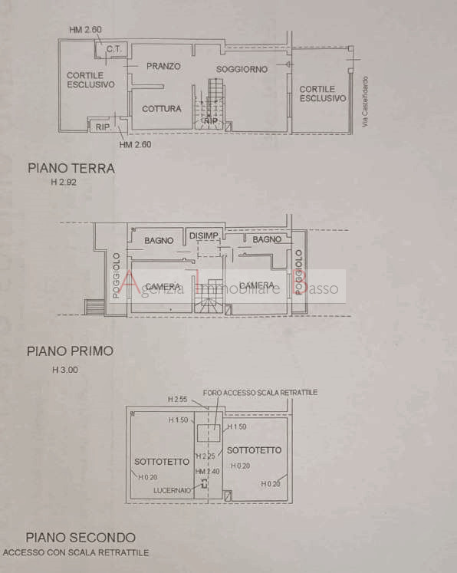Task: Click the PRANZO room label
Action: coord(163,67)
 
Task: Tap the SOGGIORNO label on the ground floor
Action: coord(242,69)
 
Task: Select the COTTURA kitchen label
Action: coord(161,109)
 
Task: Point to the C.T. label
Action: coord(114,50)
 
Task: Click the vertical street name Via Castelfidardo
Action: coord(366,101)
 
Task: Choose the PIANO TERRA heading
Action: coord(71,168)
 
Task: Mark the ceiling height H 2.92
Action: coord(64,183)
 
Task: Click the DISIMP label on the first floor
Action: coord(205,235)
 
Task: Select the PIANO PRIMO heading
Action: coord(70,351)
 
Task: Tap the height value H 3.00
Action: coord(64,370)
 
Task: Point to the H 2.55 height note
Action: coord(178,400)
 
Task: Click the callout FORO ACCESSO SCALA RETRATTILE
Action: coord(260,393)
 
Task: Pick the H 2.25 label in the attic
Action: coord(205,456)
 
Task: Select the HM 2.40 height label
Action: coord(207,471)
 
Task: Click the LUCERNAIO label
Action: coord(173,488)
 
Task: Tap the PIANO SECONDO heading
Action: coord(81,538)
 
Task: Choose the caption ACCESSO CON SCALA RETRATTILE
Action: coord(76,552)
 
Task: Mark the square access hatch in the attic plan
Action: coord(209,433)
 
